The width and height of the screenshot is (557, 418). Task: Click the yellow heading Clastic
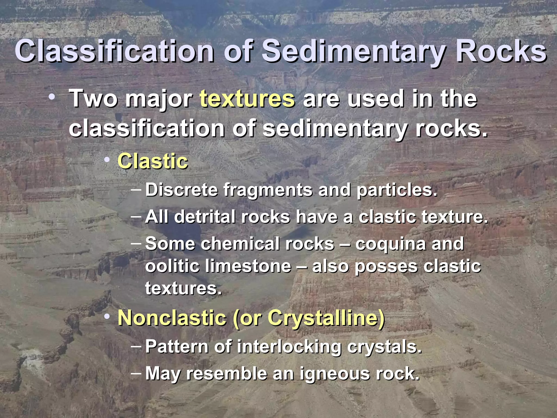tap(153, 161)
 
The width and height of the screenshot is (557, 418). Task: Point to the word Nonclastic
tap(172, 318)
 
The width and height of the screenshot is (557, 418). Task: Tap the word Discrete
tap(181, 190)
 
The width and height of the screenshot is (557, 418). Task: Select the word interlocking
tap(289, 347)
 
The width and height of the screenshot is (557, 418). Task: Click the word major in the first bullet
tap(159, 99)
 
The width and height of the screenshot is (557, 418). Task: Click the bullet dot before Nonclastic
tap(107, 316)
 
